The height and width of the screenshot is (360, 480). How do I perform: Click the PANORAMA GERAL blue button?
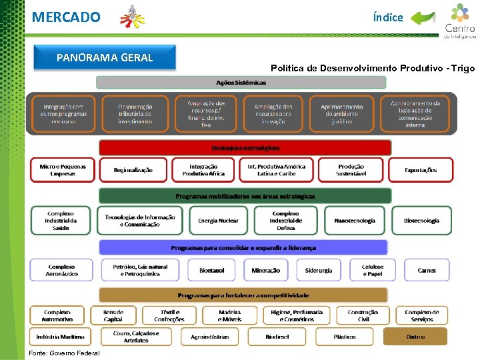(105, 57)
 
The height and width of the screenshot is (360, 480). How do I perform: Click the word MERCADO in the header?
(66, 17)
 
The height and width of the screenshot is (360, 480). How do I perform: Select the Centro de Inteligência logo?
(459, 21)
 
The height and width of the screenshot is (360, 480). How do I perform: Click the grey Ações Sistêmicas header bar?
(241, 83)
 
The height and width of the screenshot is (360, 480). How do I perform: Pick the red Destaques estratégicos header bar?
(245, 147)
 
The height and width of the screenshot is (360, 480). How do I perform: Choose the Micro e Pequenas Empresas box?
(63, 170)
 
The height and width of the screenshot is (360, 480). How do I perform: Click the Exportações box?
(421, 170)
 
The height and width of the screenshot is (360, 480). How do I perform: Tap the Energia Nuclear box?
(218, 221)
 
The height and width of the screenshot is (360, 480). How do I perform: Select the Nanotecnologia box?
(355, 221)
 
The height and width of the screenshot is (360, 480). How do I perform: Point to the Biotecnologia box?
(421, 221)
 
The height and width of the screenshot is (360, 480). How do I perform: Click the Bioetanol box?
(211, 270)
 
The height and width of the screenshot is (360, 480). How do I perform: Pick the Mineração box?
(266, 270)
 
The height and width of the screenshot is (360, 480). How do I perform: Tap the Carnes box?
(427, 270)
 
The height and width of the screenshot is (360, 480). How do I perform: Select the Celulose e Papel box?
(373, 270)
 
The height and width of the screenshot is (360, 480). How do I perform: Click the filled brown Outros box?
(415, 337)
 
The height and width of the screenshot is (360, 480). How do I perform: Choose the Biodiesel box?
(277, 337)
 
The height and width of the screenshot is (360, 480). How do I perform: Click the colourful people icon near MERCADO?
(132, 17)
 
